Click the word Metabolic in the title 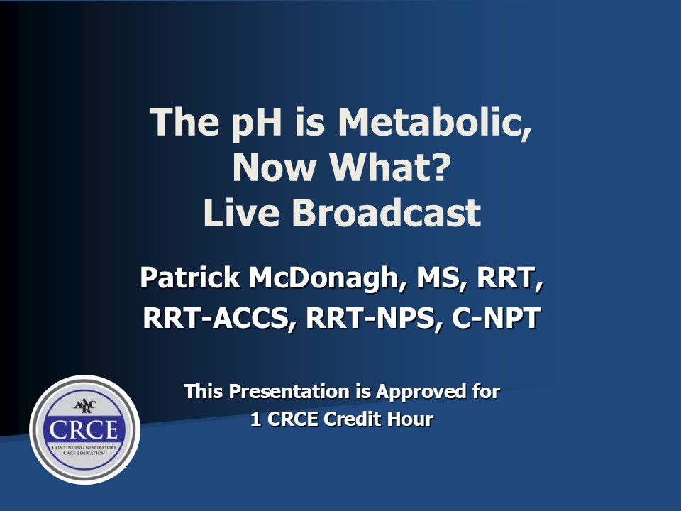(x=434, y=122)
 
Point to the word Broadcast (x=386, y=213)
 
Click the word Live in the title (x=241, y=213)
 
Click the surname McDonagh (x=323, y=278)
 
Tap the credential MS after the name (x=438, y=278)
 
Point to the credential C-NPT (x=496, y=318)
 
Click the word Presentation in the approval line (x=289, y=392)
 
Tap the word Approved (x=421, y=392)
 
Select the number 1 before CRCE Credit (x=256, y=419)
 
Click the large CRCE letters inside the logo (x=84, y=430)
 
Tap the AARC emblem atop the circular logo (x=84, y=406)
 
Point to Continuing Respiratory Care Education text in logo (x=84, y=450)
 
